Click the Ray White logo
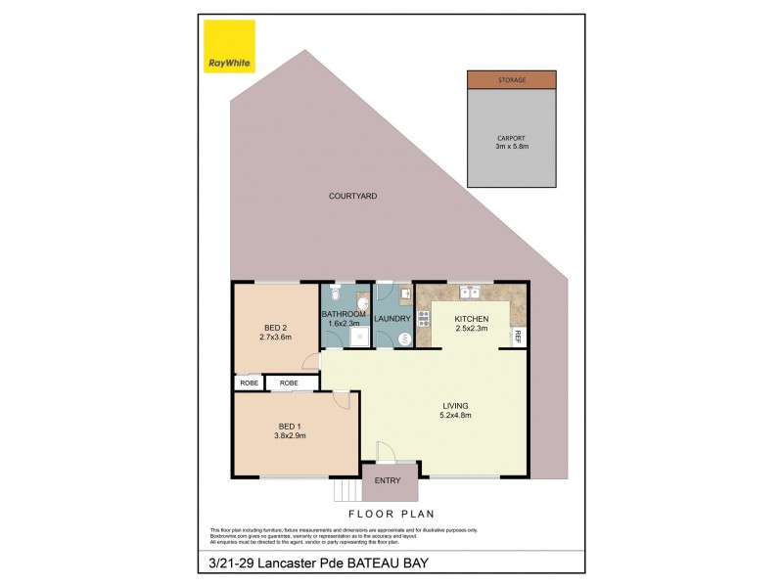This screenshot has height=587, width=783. click(x=229, y=46)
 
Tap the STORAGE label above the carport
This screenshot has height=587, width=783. click(x=511, y=80)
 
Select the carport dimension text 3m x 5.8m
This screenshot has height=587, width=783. click(x=511, y=146)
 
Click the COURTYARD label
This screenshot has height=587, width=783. click(x=352, y=197)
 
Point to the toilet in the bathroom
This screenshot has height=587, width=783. click(x=335, y=293)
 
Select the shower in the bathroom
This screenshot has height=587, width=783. click(x=360, y=337)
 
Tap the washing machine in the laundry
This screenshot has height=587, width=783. click(x=405, y=338)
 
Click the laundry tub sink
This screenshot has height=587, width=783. click(x=404, y=292)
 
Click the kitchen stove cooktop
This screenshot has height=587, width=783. click(x=424, y=318)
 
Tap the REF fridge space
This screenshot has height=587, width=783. click(x=518, y=336)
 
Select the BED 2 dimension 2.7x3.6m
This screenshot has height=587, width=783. click(x=275, y=338)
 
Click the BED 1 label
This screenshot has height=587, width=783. click(x=291, y=427)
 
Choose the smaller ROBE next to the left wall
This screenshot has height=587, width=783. click(x=249, y=383)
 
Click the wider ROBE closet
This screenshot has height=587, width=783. click(x=290, y=383)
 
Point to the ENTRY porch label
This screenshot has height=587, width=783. click(x=389, y=480)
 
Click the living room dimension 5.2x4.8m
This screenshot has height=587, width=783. click(x=456, y=415)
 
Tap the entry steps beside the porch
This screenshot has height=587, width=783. click(x=346, y=489)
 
